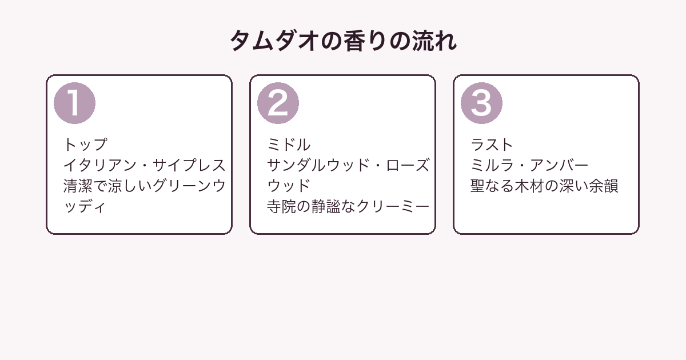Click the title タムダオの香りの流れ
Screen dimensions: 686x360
(343, 41)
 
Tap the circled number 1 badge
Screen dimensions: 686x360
(74, 103)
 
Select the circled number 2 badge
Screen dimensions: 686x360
(278, 103)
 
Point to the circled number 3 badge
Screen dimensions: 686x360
(481, 103)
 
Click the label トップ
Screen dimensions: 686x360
(85, 145)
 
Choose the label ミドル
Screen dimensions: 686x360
(289, 145)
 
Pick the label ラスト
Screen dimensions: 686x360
(492, 145)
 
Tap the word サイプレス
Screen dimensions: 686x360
(189, 165)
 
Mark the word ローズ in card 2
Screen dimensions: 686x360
(408, 165)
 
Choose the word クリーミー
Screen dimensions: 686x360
(393, 207)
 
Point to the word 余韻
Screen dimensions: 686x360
(604, 186)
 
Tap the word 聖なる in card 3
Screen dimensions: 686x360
(492, 186)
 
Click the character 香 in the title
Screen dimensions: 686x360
(354, 41)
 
